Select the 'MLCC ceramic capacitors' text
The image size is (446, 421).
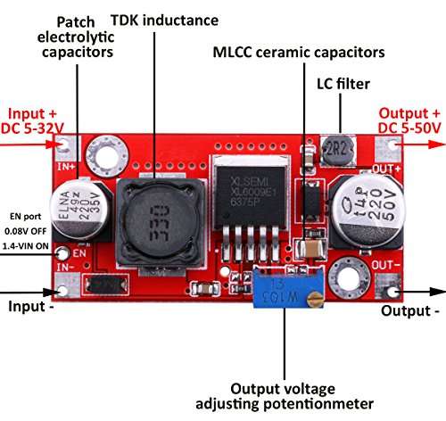tap(298, 53)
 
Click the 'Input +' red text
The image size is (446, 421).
tap(35, 114)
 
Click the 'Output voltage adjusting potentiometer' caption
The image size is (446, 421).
tap(284, 396)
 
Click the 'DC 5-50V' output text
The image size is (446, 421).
tap(410, 130)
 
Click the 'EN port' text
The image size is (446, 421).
tap(25, 213)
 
